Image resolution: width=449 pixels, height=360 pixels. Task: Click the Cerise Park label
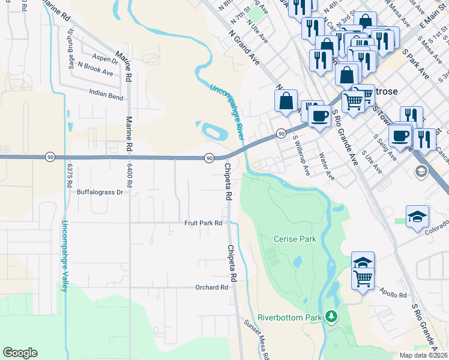point(295,239)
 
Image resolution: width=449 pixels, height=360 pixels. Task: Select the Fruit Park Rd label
point(203,223)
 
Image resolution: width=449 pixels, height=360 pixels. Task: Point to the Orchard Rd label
point(212,287)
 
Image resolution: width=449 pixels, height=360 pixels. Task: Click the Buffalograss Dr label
point(100,193)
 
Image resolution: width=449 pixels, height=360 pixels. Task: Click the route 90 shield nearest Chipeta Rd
point(209,158)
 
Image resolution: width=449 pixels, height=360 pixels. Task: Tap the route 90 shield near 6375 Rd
point(50,157)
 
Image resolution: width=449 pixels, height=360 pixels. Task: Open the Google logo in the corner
point(20,353)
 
